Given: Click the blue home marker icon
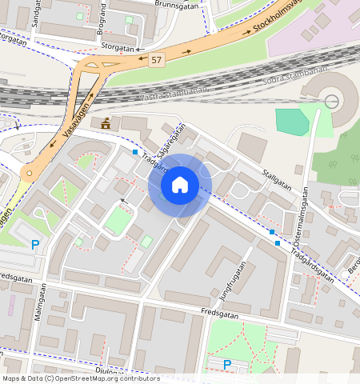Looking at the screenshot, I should coord(180,185).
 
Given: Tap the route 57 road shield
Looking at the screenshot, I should coord(156,61).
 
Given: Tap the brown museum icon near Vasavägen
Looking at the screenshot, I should coord(105,123).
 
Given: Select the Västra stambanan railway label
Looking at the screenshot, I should coord(173,95).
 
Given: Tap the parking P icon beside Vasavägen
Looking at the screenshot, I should coord(34,244).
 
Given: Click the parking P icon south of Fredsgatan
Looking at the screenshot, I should coord(227,364).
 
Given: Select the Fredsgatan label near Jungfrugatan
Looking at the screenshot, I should coord(221,311).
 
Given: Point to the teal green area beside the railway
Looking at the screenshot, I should coord(292,121).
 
